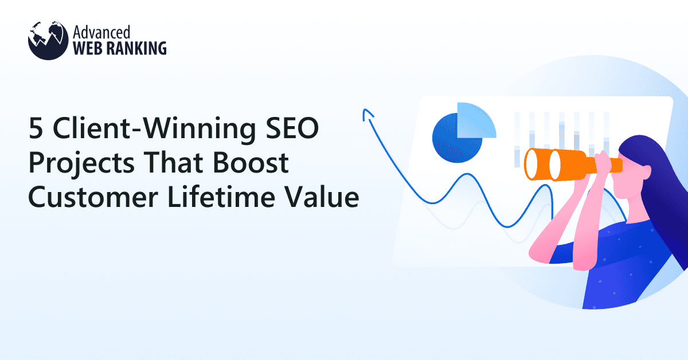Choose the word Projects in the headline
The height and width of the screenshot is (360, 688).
tap(76, 166)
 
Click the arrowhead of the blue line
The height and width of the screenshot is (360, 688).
tap(365, 114)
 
